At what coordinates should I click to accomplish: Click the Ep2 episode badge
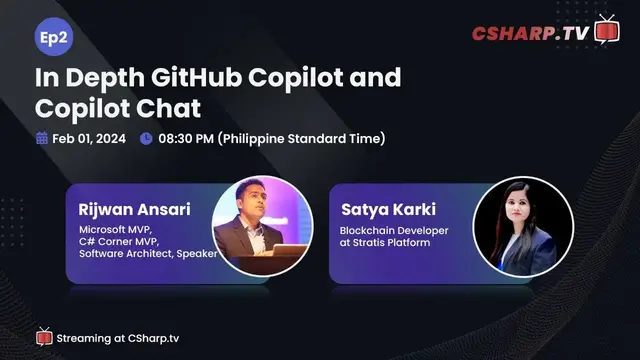pyautogui.click(x=52, y=37)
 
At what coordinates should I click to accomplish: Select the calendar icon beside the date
pyautogui.click(x=42, y=138)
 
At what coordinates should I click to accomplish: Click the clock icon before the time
pyautogui.click(x=147, y=138)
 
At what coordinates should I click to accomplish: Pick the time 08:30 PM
pyautogui.click(x=185, y=138)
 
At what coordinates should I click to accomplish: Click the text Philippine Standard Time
pyautogui.click(x=301, y=138)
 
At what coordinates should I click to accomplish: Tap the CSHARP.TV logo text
pyautogui.click(x=530, y=33)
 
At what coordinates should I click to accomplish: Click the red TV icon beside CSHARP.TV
pyautogui.click(x=607, y=29)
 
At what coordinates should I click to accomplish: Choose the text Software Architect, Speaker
pyautogui.click(x=148, y=254)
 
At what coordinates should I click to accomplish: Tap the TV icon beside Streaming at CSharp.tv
pyautogui.click(x=44, y=336)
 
